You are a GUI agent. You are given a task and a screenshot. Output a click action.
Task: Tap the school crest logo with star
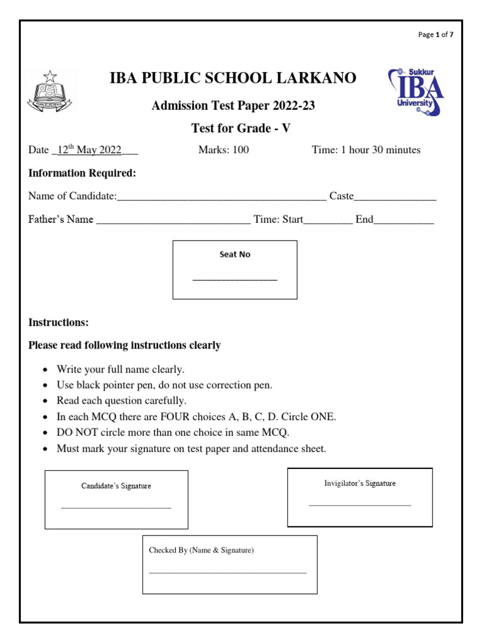[x=50, y=92]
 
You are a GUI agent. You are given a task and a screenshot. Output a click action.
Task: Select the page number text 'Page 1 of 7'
[x=436, y=35]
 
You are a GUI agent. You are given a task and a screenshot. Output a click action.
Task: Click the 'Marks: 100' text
[x=223, y=150]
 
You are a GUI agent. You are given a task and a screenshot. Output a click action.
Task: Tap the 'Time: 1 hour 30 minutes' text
[x=366, y=150]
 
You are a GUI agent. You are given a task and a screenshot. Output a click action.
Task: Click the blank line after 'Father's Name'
[x=173, y=222]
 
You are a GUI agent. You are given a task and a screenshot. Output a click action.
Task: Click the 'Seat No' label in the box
[x=235, y=255]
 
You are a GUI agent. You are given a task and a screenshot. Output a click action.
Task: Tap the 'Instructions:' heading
[x=58, y=323]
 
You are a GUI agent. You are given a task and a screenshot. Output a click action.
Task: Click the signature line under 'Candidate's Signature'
[x=116, y=507]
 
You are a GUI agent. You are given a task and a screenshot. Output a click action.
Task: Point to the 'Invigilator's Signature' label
[x=360, y=484]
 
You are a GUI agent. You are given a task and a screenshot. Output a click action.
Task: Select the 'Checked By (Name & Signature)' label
[x=201, y=551]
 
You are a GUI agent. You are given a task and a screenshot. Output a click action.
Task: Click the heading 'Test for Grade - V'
[x=241, y=129]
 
